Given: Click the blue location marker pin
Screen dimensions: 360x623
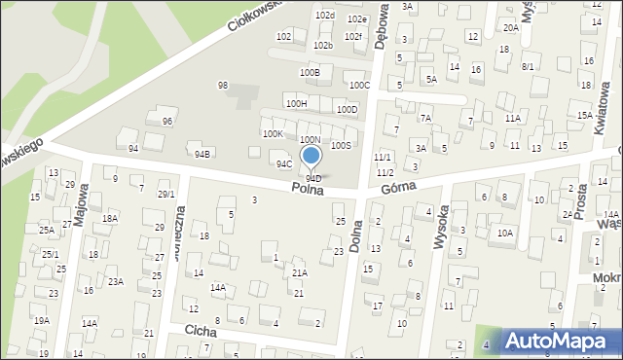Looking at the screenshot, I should tap(311, 157).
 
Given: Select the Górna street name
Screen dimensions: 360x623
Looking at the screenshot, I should tap(399, 186).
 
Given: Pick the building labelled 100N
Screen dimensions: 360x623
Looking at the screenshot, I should tap(309, 140).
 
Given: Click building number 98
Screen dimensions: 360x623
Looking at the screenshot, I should tap(223, 86).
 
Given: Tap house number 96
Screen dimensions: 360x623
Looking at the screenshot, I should tap(167, 121).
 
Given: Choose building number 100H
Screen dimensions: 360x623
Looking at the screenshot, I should tap(296, 103).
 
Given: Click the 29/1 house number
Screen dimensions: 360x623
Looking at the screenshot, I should tap(165, 194).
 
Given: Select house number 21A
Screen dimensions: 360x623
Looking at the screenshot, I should tap(300, 273).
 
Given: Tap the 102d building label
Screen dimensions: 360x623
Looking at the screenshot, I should tap(324, 16).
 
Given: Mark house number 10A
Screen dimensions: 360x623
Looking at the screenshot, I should tap(504, 233).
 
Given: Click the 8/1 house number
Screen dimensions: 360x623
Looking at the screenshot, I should tap(528, 66).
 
